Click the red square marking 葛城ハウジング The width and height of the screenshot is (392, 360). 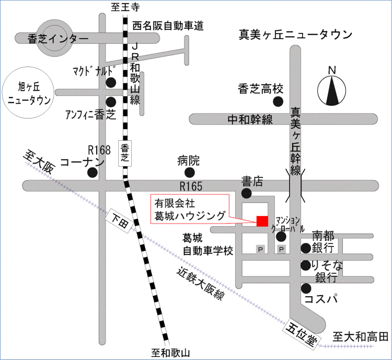pos(262,221)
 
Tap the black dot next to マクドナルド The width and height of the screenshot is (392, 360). pos(111,82)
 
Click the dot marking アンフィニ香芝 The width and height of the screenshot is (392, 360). pos(111,102)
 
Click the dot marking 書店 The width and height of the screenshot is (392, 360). pos(247,194)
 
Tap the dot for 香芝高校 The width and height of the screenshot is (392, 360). pos(279,101)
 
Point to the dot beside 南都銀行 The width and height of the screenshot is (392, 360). pos(306,248)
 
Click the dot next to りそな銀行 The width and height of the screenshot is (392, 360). pos(306,265)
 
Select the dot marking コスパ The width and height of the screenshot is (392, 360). pos(306,287)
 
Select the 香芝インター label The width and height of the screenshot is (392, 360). pos(52,38)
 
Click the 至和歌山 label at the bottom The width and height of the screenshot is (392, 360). pos(167,353)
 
